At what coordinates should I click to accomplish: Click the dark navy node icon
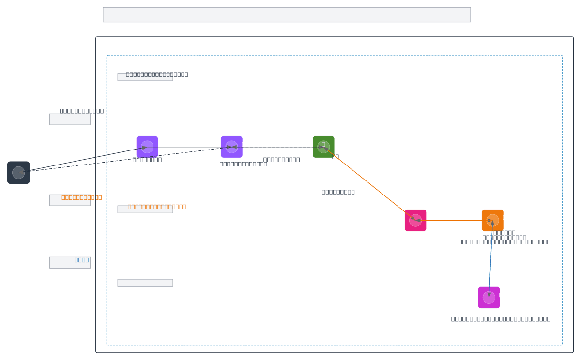(18, 173)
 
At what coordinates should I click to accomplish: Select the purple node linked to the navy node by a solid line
(147, 147)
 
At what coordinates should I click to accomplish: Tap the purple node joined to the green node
(231, 147)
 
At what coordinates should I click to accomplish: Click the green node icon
(323, 147)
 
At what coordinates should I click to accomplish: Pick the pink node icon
(415, 220)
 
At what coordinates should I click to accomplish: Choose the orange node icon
(492, 220)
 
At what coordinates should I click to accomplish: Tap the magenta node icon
(489, 298)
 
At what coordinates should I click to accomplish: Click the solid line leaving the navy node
(82, 160)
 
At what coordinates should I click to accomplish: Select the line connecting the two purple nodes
(189, 147)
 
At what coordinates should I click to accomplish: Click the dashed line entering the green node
(278, 147)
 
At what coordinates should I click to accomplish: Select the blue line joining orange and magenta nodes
(490, 259)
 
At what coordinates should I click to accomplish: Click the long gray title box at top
(287, 15)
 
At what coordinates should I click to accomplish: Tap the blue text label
(81, 260)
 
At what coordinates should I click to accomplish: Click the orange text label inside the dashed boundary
(157, 207)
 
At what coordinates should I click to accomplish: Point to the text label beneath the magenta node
(500, 319)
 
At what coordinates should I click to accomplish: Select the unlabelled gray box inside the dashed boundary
(145, 283)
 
